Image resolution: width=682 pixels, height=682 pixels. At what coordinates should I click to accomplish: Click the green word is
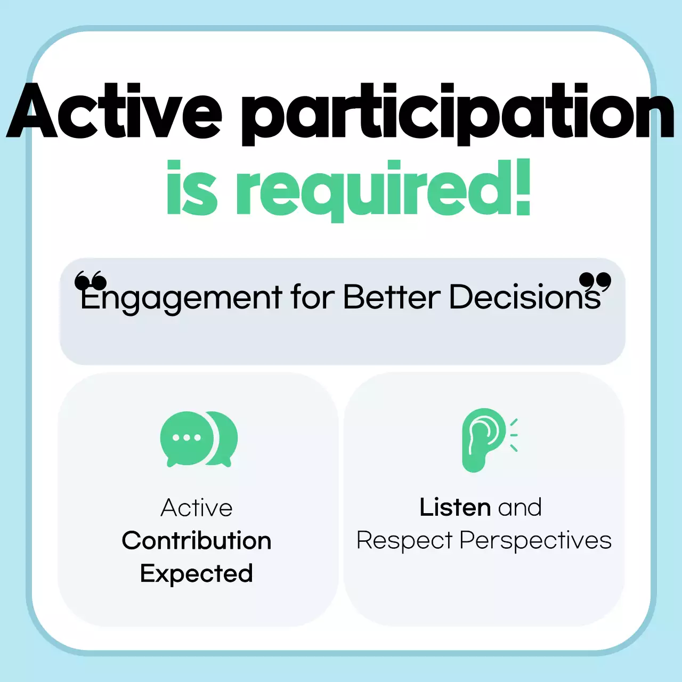[x=192, y=189]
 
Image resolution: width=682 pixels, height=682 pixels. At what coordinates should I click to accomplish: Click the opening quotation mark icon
[x=90, y=280]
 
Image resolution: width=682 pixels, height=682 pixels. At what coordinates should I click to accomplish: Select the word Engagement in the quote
[x=181, y=297]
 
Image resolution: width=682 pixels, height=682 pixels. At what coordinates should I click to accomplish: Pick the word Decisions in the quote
[x=525, y=297]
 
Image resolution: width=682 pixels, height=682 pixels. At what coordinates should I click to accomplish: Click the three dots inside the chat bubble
[x=186, y=438]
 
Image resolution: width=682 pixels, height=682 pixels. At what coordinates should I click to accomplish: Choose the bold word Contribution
[x=197, y=541]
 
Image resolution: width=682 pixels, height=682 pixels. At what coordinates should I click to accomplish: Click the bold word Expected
[x=197, y=574]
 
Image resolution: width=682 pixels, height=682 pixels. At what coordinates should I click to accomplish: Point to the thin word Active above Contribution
[x=197, y=508]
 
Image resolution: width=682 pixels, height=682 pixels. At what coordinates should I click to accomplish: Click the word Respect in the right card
[x=404, y=541]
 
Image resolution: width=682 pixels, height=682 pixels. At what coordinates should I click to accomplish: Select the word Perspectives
[x=535, y=541]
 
